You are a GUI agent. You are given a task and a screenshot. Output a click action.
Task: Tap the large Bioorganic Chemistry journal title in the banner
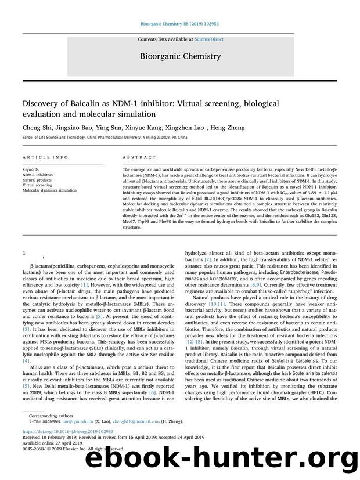180,56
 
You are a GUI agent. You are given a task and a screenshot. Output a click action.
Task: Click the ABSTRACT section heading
139,157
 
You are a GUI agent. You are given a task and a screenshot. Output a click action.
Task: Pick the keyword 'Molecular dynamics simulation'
49,190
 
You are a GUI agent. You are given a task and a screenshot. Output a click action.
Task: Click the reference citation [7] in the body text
215,276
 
